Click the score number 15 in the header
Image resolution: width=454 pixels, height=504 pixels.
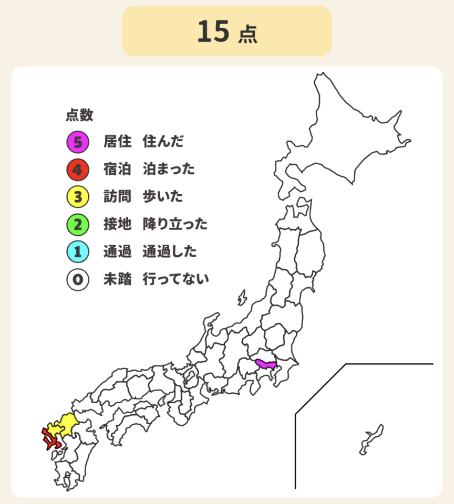pos(213,31)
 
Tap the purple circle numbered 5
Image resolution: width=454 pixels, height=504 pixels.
pos(77,141)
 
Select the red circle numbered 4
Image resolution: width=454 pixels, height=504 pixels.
pos(77,169)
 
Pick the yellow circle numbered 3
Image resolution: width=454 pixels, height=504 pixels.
pos(77,197)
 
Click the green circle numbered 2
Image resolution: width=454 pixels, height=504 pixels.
pos(77,225)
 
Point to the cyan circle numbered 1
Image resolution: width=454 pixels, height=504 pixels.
pos(77,252)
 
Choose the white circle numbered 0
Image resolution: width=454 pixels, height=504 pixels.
pos(77,280)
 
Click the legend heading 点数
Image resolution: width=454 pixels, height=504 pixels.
pos(79,115)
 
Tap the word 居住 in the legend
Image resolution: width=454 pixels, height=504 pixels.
pos(117,141)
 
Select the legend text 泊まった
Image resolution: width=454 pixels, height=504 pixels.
pos(169,169)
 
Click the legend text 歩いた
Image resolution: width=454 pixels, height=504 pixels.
pos(163,197)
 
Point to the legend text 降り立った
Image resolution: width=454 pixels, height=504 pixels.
pos(175,225)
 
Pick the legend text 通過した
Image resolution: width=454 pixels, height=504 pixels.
pos(169,252)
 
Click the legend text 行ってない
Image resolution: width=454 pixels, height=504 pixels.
pos(176,280)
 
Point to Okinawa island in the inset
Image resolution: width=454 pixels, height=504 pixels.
pos(372,439)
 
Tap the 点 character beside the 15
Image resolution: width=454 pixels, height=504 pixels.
pos(247,35)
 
